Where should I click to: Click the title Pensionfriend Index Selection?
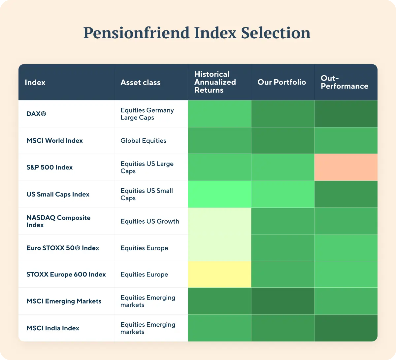click(x=197, y=33)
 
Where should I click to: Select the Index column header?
click(x=35, y=83)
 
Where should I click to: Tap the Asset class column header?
click(x=140, y=83)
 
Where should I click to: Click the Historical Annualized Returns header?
click(x=215, y=82)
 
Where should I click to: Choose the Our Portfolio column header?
click(x=281, y=82)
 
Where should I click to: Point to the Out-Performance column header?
click(x=344, y=82)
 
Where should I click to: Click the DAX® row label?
click(x=36, y=114)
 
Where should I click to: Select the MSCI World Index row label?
click(x=54, y=141)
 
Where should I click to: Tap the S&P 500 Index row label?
click(x=49, y=167)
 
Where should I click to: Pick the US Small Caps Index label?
click(x=58, y=194)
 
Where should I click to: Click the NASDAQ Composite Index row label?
click(x=58, y=221)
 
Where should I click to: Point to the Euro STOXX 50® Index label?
click(x=63, y=248)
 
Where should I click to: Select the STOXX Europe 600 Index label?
click(x=66, y=274)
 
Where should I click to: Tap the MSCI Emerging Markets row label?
click(x=64, y=301)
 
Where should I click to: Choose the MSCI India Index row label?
click(x=53, y=328)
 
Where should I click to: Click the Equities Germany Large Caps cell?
click(x=147, y=114)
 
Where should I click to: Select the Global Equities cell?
click(x=143, y=141)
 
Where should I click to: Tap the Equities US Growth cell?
click(x=150, y=221)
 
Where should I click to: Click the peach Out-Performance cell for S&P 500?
click(x=346, y=167)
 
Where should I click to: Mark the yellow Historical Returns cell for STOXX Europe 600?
click(x=219, y=274)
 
